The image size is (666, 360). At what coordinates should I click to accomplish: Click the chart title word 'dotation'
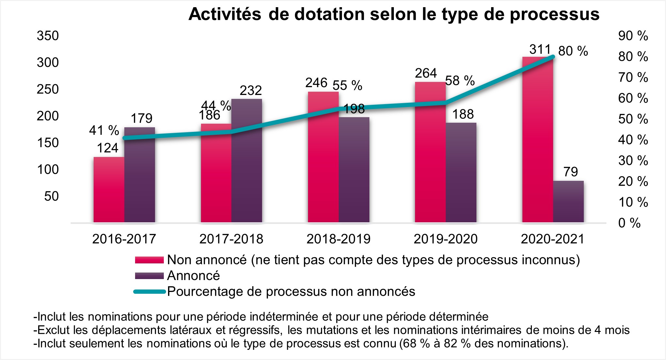click(329, 14)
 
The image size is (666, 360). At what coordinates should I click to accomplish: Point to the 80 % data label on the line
click(573, 51)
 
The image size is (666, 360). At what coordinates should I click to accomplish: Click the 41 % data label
click(104, 131)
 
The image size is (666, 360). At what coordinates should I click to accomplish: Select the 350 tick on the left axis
click(48, 36)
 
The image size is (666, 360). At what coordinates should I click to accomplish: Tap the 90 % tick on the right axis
click(633, 36)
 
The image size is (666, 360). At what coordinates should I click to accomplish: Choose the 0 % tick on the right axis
click(629, 223)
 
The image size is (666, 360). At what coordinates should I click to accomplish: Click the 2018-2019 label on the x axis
click(338, 239)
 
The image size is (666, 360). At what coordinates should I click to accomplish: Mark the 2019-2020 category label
click(445, 239)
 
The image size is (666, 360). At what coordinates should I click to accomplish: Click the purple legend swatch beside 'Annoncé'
click(149, 276)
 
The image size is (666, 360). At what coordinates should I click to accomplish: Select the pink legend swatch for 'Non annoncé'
click(149, 260)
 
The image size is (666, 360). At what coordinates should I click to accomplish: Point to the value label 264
click(426, 73)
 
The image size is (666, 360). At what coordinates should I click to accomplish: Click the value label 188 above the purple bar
click(463, 114)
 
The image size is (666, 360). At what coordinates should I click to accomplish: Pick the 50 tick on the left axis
click(52, 196)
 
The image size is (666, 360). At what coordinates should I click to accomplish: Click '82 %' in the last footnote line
click(457, 344)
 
